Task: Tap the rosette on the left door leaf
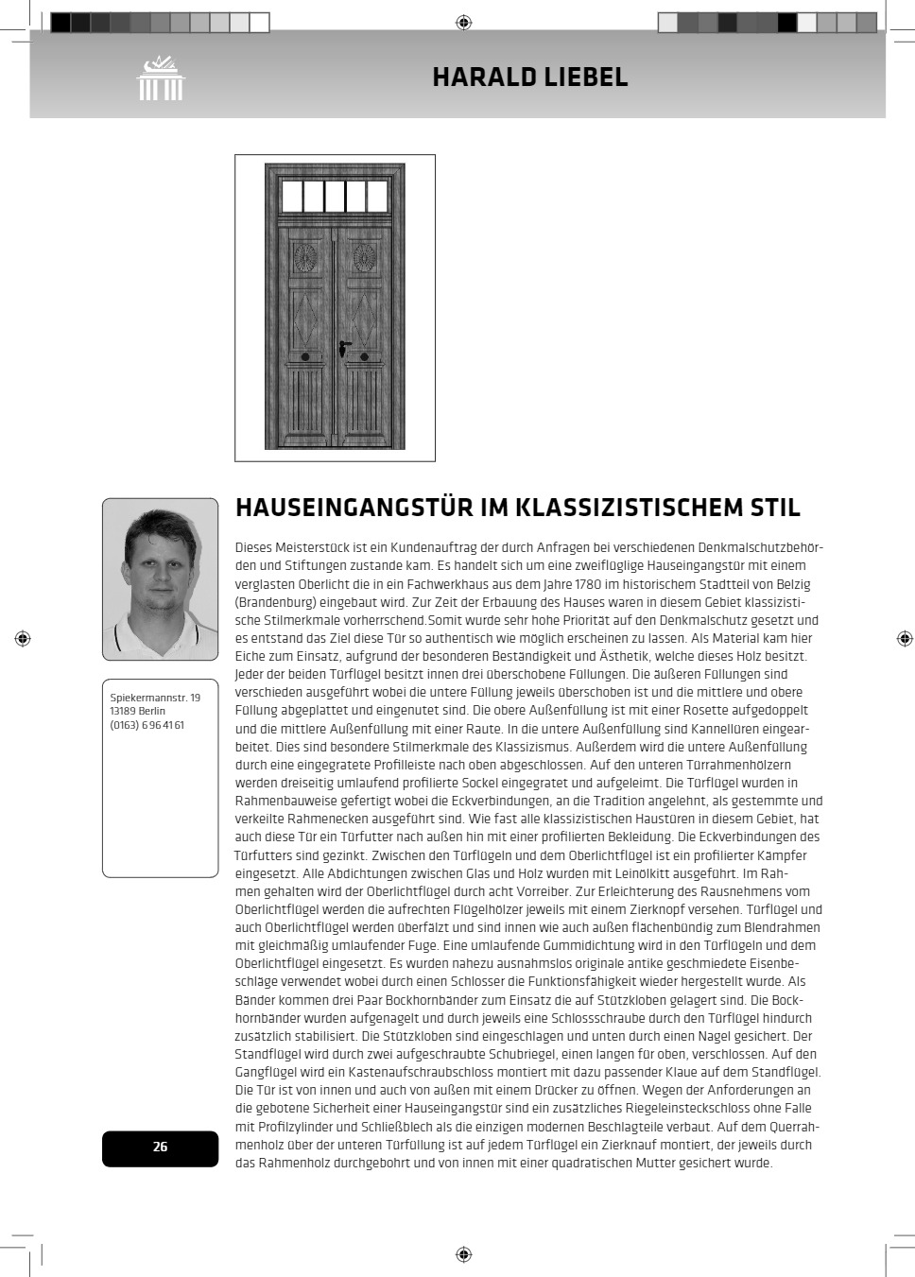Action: (304, 257)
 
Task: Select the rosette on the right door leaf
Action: (365, 257)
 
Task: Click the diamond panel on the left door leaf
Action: (304, 319)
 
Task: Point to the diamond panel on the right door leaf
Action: (365, 319)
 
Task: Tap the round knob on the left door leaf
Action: (304, 358)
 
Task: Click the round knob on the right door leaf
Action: (365, 358)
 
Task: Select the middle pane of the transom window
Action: (335, 197)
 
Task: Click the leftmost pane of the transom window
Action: (291, 197)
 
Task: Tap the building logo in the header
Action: (161, 78)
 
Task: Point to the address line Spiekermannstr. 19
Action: (155, 698)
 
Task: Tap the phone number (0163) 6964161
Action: (147, 725)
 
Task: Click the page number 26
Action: (160, 1147)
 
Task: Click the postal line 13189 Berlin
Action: (137, 711)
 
